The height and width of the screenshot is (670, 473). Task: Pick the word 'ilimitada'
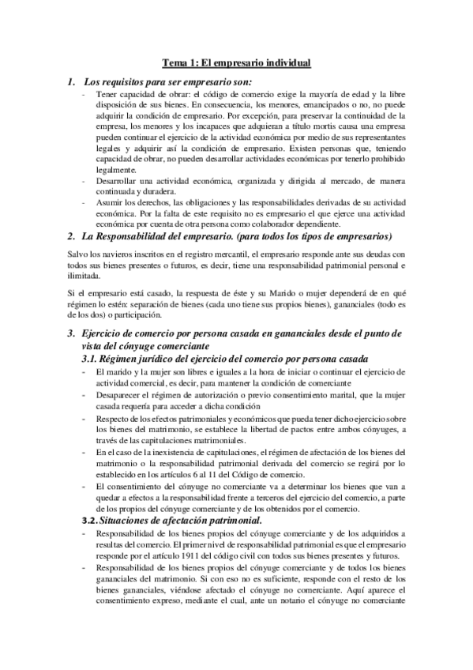tap(83, 277)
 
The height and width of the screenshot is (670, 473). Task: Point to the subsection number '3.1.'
tap(94, 359)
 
